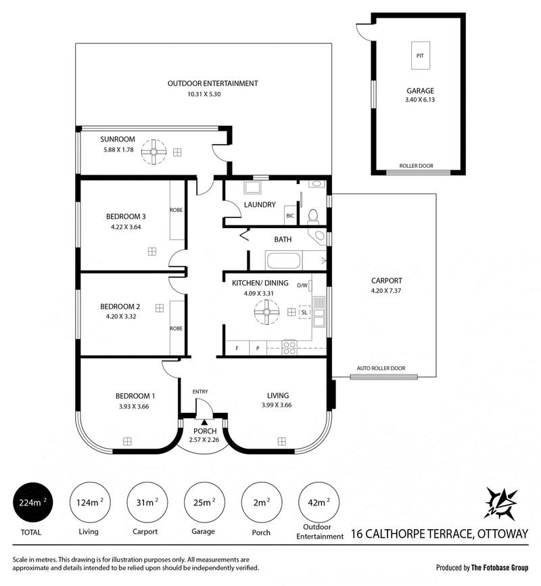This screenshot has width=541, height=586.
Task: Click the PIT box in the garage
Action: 419,54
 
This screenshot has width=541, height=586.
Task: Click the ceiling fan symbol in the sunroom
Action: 155,153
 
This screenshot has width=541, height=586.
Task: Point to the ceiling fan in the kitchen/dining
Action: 266,312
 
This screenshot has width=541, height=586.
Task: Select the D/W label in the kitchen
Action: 302,285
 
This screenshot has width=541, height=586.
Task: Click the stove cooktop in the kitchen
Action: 289,348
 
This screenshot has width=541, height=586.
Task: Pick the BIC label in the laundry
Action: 289,216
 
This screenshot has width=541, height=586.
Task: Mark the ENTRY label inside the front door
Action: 200,391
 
